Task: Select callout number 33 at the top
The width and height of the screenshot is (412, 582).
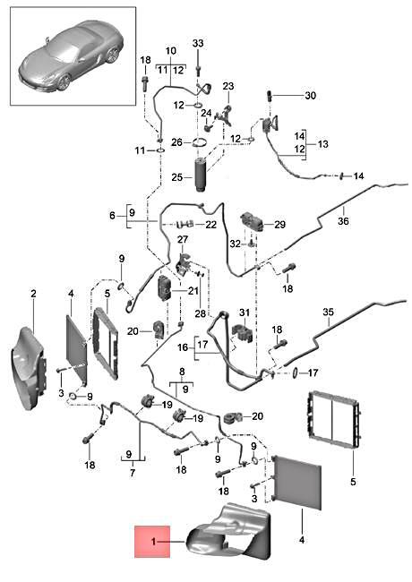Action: (198, 44)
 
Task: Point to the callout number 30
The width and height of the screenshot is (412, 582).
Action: (310, 96)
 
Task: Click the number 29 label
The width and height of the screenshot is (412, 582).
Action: (279, 224)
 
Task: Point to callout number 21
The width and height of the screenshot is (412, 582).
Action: (194, 291)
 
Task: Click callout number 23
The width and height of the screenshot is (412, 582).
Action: (227, 86)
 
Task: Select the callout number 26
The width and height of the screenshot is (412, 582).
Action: (177, 142)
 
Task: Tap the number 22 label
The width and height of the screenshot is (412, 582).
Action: (211, 224)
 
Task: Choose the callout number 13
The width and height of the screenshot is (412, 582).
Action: (322, 143)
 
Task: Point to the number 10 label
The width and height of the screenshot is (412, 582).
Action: (170, 51)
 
